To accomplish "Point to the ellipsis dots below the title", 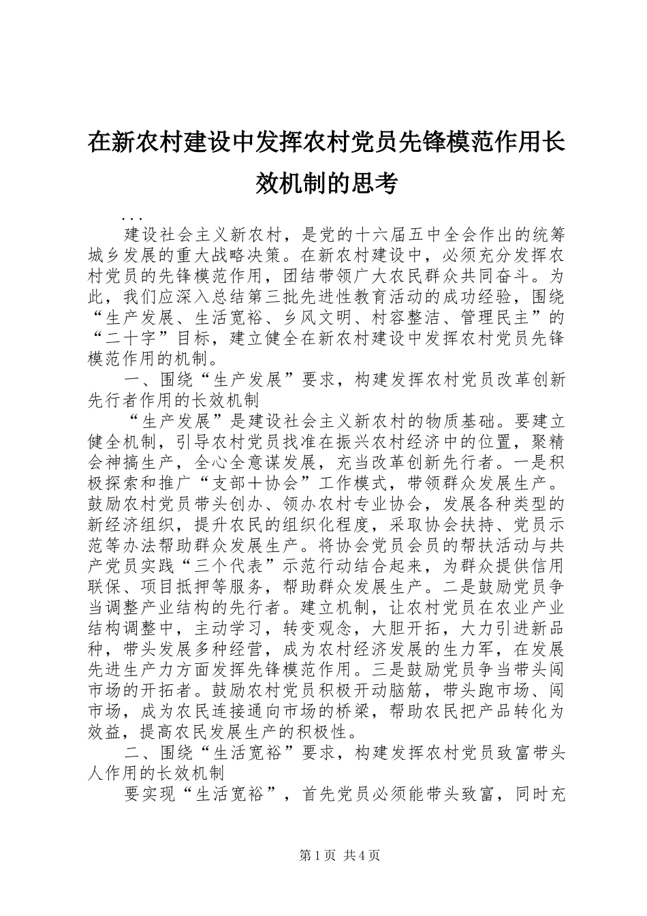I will [130, 218].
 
